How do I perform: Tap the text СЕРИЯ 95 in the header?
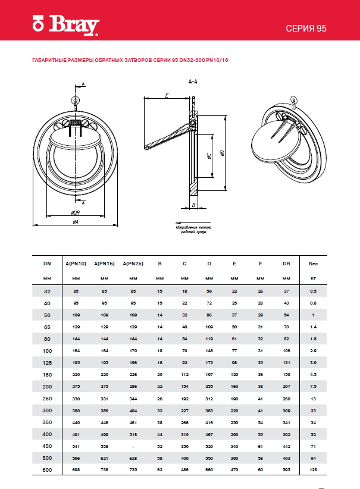point(307,29)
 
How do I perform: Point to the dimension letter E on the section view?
point(167,95)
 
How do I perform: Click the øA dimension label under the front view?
point(76,222)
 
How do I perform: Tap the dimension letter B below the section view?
point(194,205)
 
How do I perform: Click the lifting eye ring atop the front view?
point(76,100)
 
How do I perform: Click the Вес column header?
point(313,263)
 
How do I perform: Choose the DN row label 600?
point(48,470)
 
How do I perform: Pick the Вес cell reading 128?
point(313,470)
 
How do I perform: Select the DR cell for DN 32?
point(286,291)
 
